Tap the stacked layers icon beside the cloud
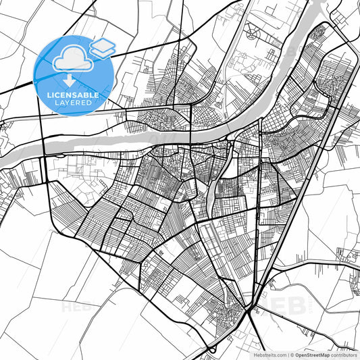coord(103,47)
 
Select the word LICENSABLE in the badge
coord(73,95)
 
